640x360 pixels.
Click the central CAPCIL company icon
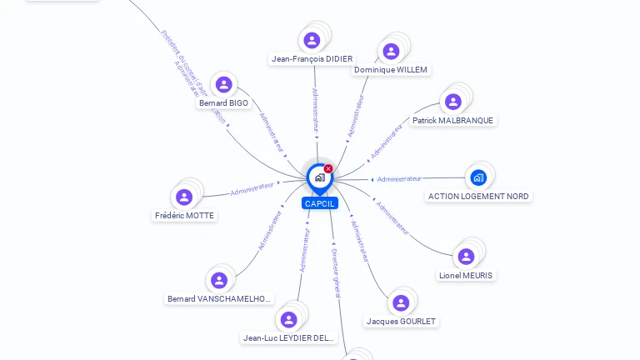pyautogui.click(x=318, y=177)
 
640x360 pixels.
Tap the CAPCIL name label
pyautogui.click(x=320, y=203)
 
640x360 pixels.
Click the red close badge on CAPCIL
pyautogui.click(x=328, y=168)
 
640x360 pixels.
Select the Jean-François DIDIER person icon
pyautogui.click(x=312, y=40)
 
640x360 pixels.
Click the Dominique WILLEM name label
pyautogui.click(x=390, y=70)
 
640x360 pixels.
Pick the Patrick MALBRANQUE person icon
pyautogui.click(x=453, y=102)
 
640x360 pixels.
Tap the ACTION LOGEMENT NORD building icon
pyautogui.click(x=478, y=177)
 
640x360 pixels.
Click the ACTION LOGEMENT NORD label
pyautogui.click(x=478, y=197)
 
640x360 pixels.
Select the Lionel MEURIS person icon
pyautogui.click(x=466, y=257)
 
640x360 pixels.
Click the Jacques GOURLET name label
pyautogui.click(x=401, y=322)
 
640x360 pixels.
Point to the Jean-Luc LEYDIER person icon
pyautogui.click(x=288, y=319)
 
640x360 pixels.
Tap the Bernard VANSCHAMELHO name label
pyautogui.click(x=219, y=299)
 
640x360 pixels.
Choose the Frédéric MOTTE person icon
pyautogui.click(x=184, y=197)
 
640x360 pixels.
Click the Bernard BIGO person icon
pyautogui.click(x=223, y=84)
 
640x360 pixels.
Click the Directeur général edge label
pyautogui.click(x=335, y=272)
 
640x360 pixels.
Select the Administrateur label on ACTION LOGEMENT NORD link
pyautogui.click(x=399, y=179)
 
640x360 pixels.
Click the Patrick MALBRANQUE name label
pyautogui.click(x=452, y=121)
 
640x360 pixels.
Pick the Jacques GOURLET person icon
pyautogui.click(x=401, y=302)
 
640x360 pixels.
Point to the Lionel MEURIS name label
pyautogui.click(x=466, y=276)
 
